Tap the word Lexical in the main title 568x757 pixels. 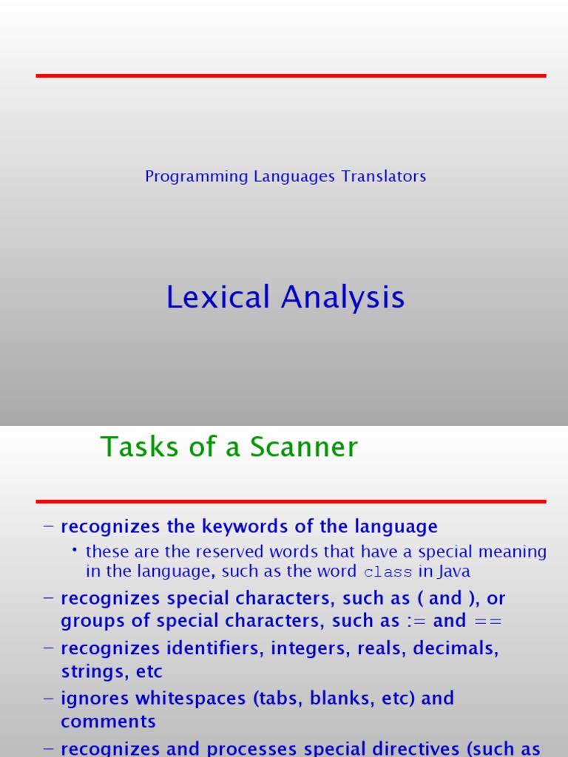(217, 298)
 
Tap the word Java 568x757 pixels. (454, 571)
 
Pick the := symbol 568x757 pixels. (416, 621)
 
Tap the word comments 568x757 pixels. (108, 722)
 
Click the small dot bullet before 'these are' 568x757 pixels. (75, 551)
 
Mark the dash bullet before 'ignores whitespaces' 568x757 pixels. (49, 699)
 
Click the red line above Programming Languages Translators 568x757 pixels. (291, 75)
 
